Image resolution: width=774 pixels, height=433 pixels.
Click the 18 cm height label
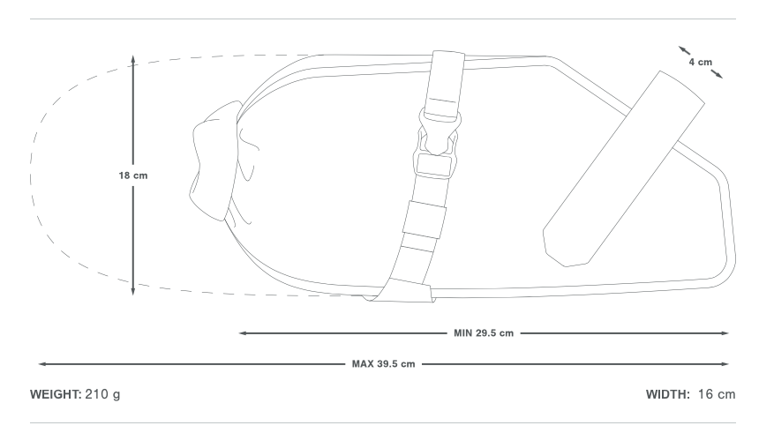(132, 175)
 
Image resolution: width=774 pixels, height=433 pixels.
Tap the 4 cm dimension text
(701, 62)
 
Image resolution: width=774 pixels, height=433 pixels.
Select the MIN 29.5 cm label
(484, 333)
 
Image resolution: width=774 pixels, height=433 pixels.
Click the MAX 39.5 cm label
(384, 364)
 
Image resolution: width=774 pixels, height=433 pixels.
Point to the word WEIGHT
(56, 394)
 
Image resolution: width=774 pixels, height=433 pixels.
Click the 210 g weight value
(102, 395)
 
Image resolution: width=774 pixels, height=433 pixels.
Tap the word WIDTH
(668, 394)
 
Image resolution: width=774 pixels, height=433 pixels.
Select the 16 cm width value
(717, 394)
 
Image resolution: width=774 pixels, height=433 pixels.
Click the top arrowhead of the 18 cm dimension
(132, 59)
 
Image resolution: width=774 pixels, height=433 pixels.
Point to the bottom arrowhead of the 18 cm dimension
(132, 291)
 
